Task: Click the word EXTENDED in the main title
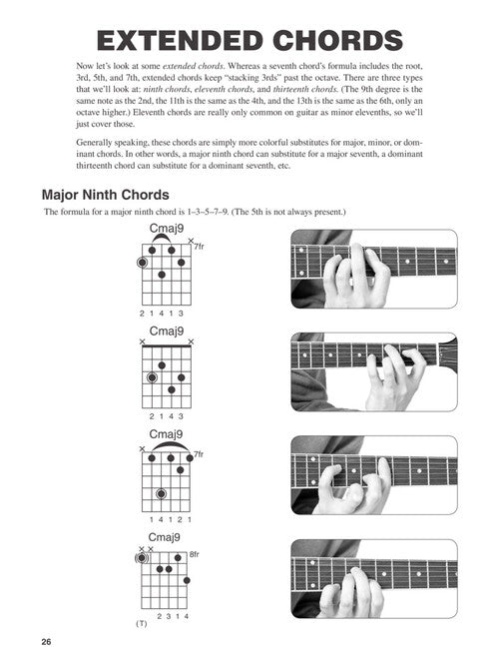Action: pos(180,41)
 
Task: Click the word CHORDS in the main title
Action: pos(337,41)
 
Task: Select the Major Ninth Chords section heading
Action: pos(106,195)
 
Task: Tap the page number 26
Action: pos(46,642)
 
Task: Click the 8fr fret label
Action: pos(194,554)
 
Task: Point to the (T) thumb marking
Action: pos(142,624)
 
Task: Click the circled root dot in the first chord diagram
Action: pos(143,263)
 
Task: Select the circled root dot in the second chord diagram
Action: pos(152,377)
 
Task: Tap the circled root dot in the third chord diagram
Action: pos(161,494)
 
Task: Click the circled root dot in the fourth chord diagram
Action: pos(142,558)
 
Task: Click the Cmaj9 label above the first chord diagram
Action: pos(167,229)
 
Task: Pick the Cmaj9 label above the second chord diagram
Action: pos(167,332)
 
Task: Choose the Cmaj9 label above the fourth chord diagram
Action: pos(164,537)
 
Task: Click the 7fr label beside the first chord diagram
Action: pos(199,247)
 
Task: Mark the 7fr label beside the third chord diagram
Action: pos(199,454)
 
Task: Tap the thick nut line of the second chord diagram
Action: pos(167,346)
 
